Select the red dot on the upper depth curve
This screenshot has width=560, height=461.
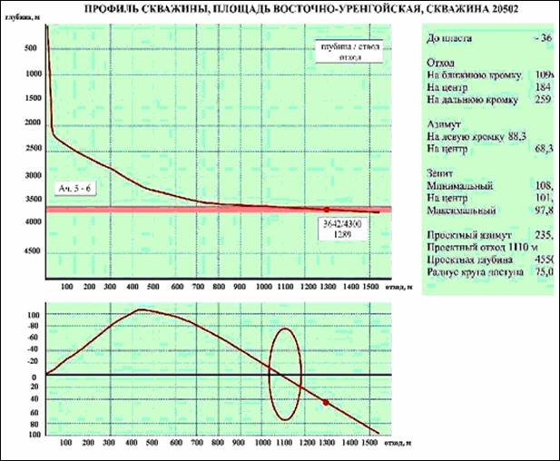326,210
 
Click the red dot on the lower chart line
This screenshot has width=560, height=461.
326,402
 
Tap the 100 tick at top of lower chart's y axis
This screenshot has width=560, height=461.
34,315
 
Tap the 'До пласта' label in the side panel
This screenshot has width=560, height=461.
452,39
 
